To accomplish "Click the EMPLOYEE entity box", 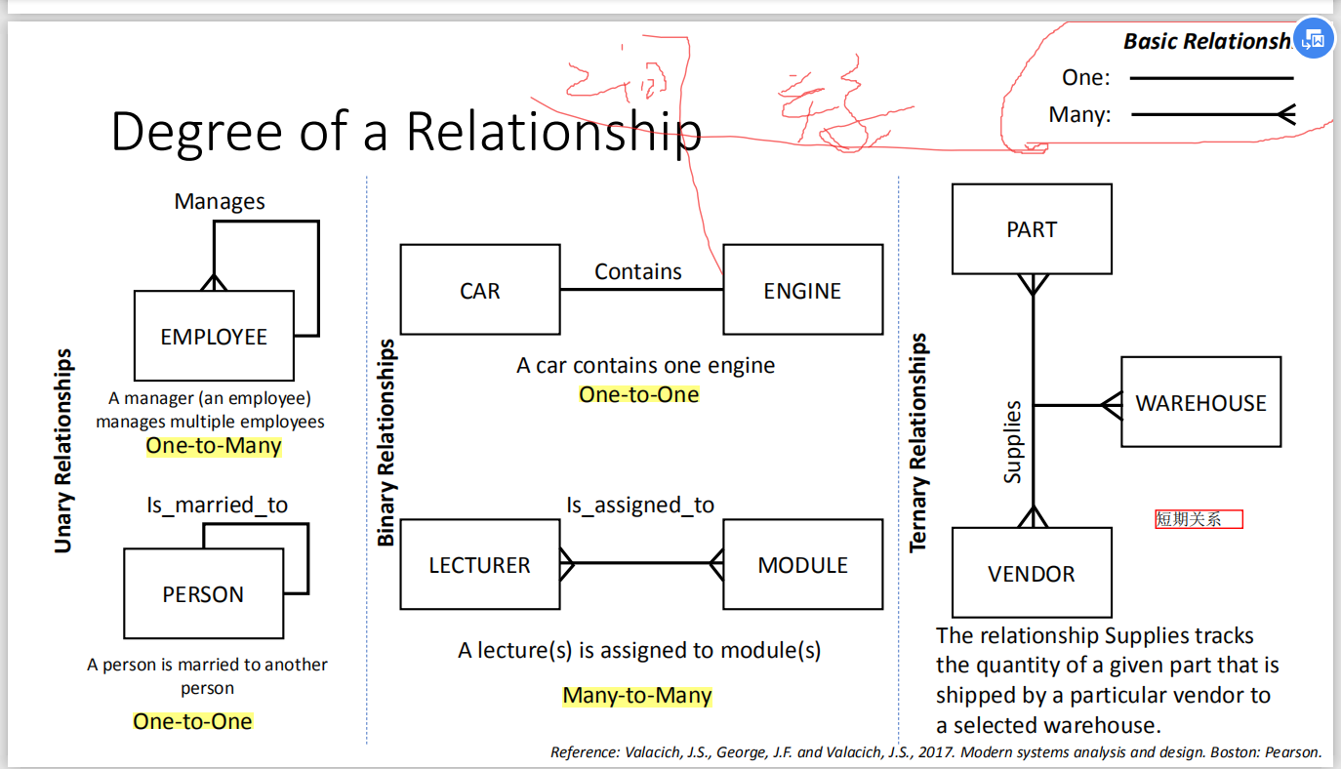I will coord(214,336).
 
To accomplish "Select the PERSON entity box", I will coord(203,593).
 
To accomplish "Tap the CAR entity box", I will coord(480,291).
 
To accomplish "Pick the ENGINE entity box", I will coord(802,291).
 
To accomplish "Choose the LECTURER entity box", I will coord(480,565).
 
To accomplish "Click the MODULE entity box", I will coord(802,565).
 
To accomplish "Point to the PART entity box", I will coord(1032,229).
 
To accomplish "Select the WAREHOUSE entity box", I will coord(1200,402).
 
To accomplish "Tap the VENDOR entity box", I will coord(1032,573).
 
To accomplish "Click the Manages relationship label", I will coord(220,201).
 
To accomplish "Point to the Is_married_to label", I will coord(218,505).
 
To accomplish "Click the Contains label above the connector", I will coord(638,271).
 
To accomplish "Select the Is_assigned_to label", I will coord(640,505).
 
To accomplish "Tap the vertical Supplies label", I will coord(1013,441).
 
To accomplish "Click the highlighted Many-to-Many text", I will coord(637,696).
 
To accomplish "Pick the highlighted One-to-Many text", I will coord(214,446).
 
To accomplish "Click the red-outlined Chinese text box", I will coord(1199,519).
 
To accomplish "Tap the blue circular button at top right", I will coord(1313,39).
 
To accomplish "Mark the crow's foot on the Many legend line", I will coord(1284,115).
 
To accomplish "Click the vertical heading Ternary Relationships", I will coord(918,443).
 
